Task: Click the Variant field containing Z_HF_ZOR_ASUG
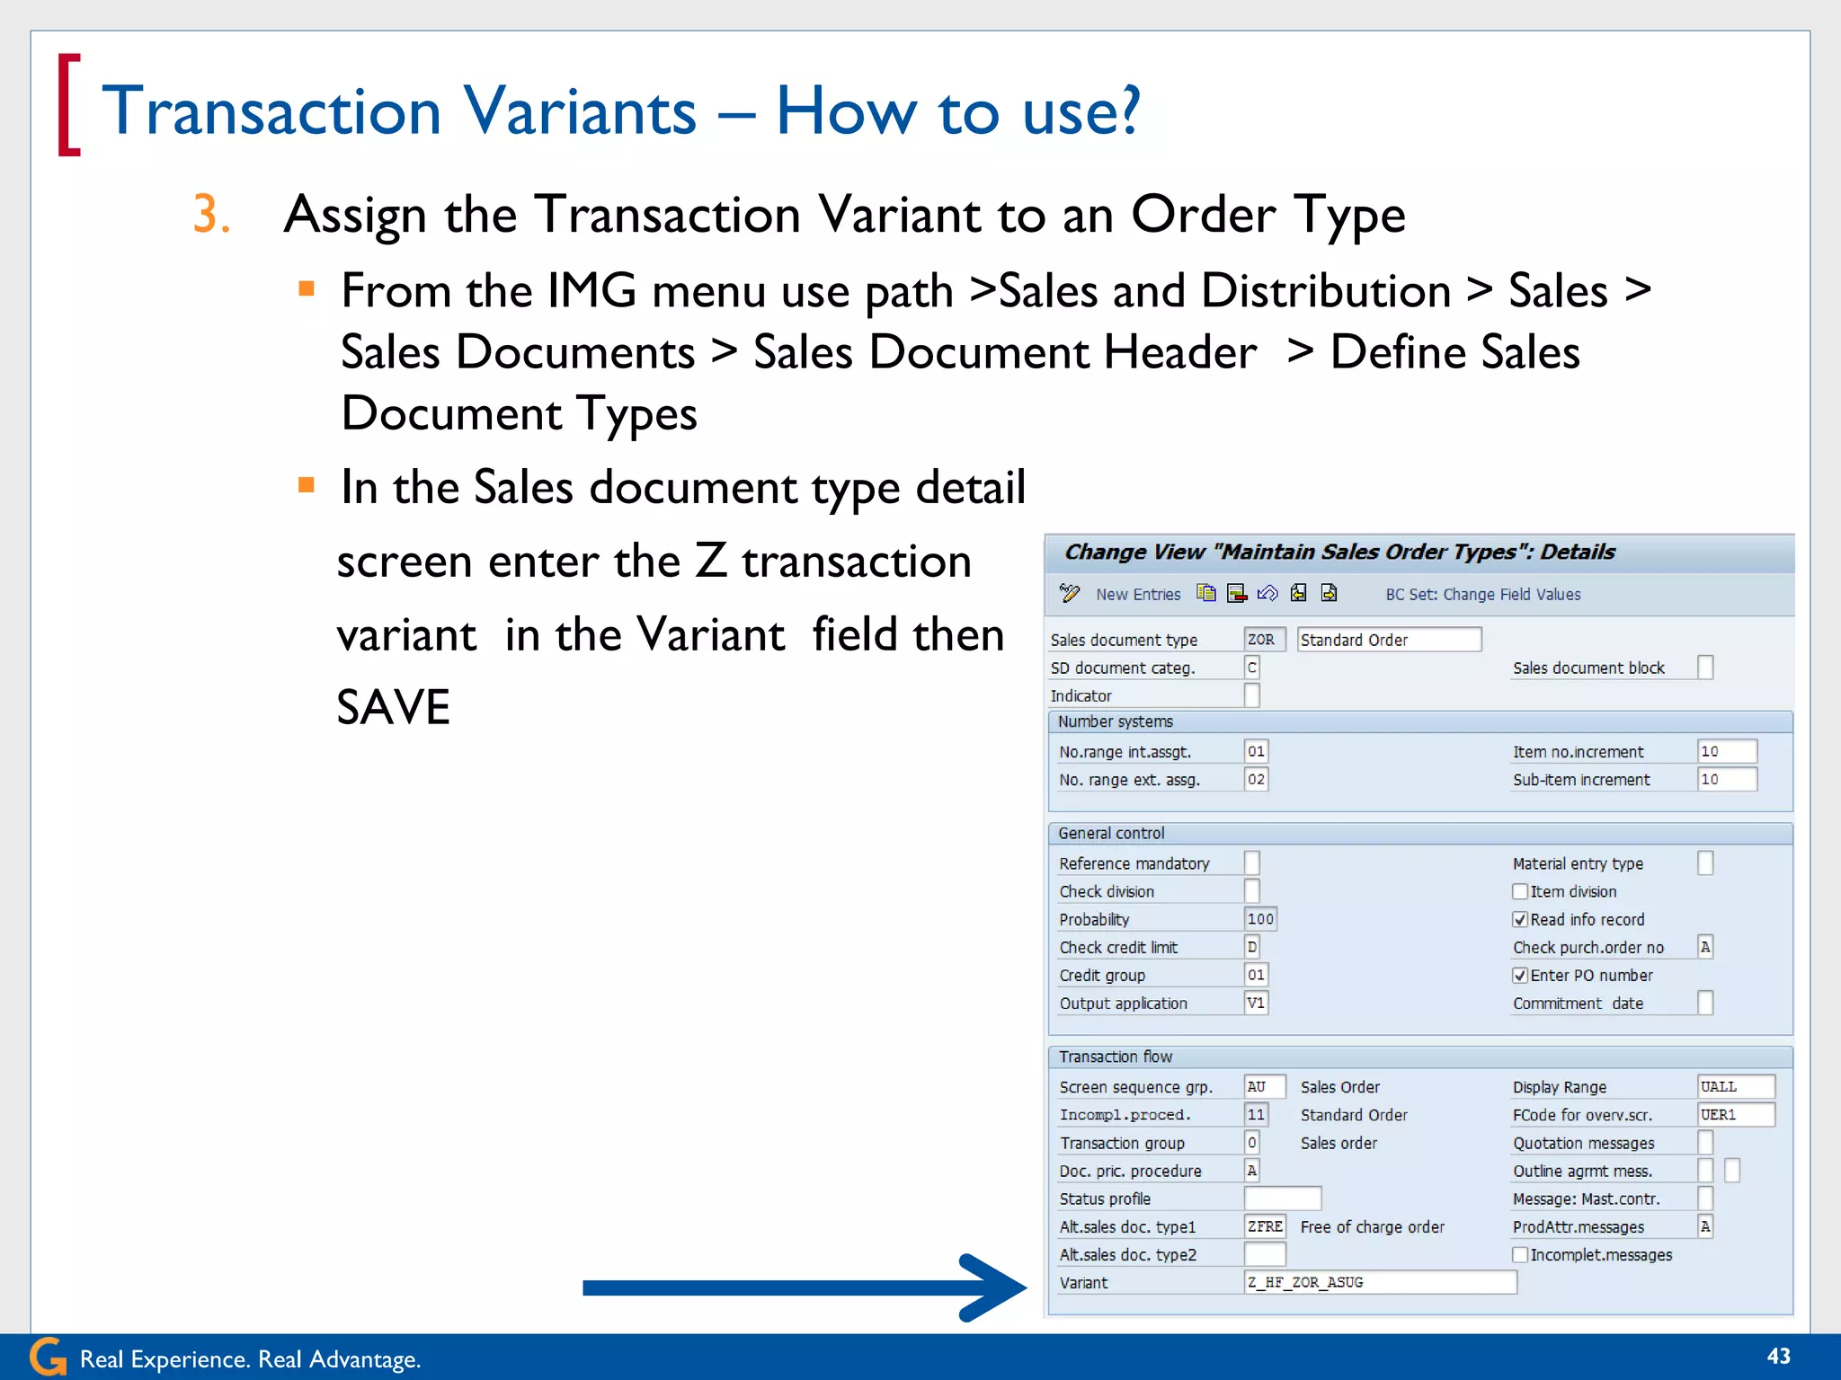(1380, 1282)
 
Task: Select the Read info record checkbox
(1520, 919)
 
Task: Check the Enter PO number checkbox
(1520, 975)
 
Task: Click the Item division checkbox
(1520, 891)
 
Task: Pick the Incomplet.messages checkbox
(1520, 1254)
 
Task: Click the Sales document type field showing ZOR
(1264, 640)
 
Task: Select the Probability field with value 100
(1260, 919)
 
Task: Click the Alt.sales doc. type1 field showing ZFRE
(1265, 1226)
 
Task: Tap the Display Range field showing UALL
(1735, 1086)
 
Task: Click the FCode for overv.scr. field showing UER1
(1735, 1114)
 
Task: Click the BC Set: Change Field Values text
(1482, 594)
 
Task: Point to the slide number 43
(1778, 1356)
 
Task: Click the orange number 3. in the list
(211, 215)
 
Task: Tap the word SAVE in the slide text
(393, 707)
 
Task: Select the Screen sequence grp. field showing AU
(1264, 1086)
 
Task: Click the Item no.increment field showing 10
(1726, 751)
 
